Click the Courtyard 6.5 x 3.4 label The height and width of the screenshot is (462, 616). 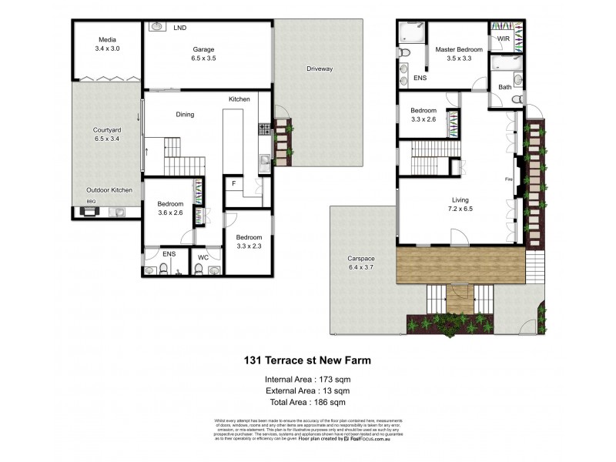tap(107, 135)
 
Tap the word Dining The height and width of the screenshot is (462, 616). tap(185, 115)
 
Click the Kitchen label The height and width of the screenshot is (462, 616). tap(239, 100)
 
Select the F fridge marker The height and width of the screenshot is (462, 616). tap(233, 183)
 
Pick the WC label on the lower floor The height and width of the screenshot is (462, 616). tap(203, 256)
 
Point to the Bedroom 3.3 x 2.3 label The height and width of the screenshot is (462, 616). tap(248, 241)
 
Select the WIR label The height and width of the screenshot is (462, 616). tap(504, 38)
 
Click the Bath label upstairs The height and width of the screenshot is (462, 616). tap(504, 87)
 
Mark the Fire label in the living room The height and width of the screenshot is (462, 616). tap(508, 179)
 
